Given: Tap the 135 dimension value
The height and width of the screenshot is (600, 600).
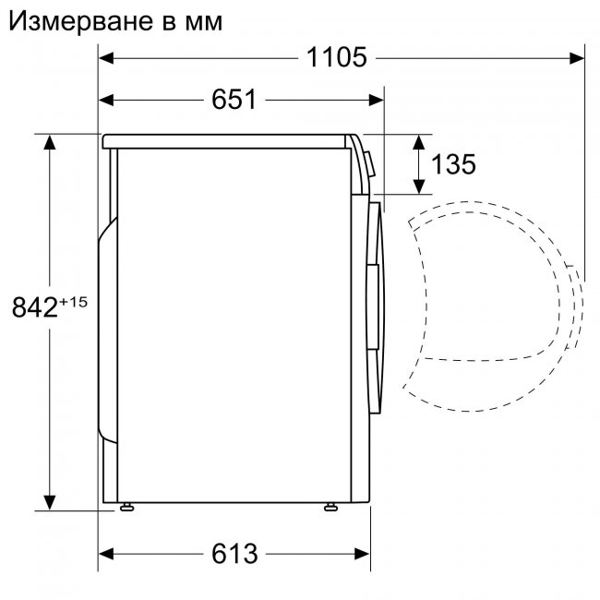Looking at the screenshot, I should click(452, 164).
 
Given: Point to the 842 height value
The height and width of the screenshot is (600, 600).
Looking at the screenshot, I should click(36, 307).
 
